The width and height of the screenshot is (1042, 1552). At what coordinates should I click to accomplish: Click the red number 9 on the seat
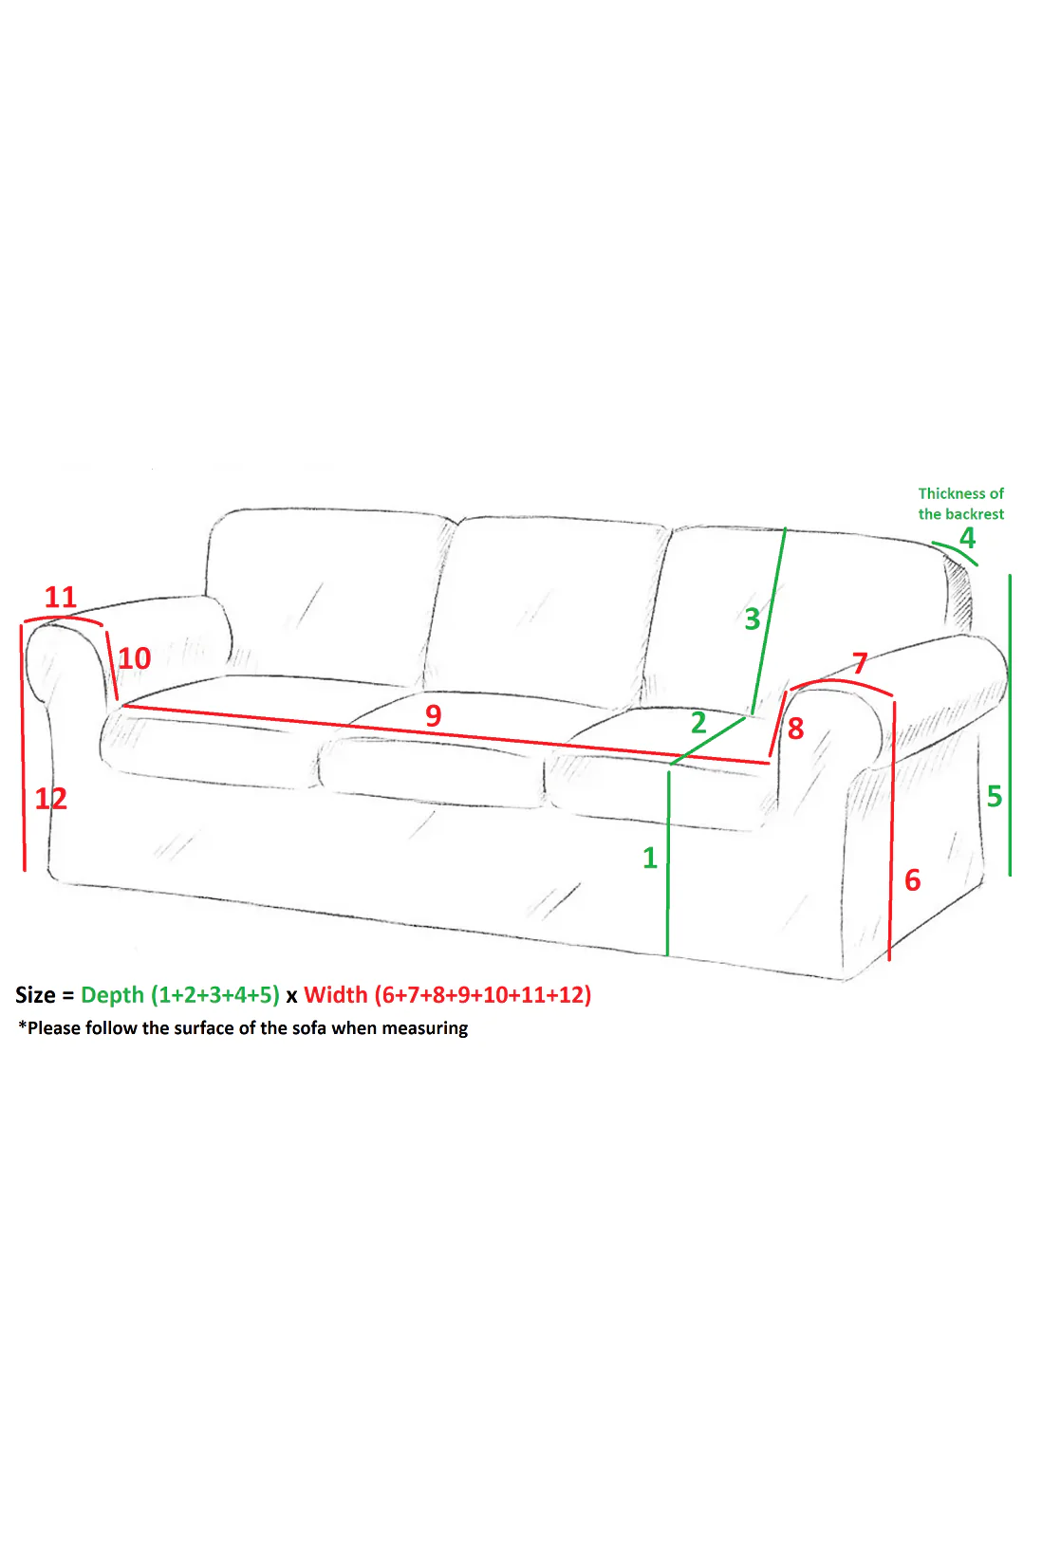(434, 715)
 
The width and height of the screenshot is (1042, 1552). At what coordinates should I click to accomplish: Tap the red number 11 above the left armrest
(61, 598)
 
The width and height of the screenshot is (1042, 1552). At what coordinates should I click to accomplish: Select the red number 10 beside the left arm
(135, 658)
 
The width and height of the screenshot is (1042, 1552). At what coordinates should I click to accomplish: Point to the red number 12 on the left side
(51, 799)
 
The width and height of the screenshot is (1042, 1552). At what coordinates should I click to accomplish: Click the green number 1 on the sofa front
(650, 859)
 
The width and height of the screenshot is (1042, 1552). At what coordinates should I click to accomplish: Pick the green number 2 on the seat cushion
(698, 723)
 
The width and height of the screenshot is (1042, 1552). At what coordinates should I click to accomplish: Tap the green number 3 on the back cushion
(753, 619)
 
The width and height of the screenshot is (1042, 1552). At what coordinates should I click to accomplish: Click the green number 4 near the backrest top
(968, 538)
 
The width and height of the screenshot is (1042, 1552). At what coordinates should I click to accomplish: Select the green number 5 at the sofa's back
(995, 797)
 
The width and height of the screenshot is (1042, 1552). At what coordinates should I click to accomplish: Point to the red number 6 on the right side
(913, 880)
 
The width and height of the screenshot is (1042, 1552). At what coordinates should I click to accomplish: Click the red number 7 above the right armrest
(861, 663)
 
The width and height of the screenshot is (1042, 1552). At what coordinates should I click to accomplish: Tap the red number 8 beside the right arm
(796, 729)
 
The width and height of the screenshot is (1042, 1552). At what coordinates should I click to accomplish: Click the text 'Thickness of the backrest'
(961, 504)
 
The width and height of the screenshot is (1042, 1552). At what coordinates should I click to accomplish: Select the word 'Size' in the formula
(35, 995)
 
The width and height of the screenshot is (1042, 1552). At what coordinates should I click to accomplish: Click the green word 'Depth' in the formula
(112, 996)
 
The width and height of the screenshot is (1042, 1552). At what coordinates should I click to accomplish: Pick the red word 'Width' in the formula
(336, 995)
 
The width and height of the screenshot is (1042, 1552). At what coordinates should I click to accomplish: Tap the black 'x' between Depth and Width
(292, 997)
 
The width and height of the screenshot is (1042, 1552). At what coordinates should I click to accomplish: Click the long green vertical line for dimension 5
(1010, 726)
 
